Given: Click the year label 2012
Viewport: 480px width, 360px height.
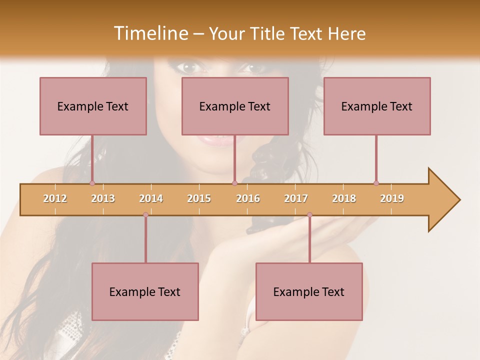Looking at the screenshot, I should [x=55, y=198].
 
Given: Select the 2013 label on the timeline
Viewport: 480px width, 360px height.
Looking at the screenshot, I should [x=103, y=198].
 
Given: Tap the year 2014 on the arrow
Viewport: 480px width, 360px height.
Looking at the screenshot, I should [x=151, y=198].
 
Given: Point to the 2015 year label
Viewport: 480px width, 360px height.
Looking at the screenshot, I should [x=199, y=198].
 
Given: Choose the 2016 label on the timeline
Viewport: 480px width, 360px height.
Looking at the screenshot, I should [x=248, y=198].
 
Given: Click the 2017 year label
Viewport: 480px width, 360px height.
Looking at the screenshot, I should [x=296, y=198].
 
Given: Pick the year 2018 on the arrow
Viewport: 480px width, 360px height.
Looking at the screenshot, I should [x=344, y=198].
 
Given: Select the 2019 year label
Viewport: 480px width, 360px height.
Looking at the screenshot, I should [x=392, y=198].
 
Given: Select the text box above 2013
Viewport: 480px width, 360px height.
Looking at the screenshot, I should [x=93, y=106].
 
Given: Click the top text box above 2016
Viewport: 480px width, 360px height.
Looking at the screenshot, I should [x=235, y=106].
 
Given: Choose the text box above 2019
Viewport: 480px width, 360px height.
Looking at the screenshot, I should [x=377, y=106].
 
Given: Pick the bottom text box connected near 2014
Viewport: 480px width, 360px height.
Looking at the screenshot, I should [x=145, y=291].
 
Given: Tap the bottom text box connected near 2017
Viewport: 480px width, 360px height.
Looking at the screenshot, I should [x=309, y=291].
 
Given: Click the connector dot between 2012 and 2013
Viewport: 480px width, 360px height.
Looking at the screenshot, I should [x=92, y=183].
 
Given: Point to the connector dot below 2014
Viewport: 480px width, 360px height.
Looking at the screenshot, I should [x=145, y=215].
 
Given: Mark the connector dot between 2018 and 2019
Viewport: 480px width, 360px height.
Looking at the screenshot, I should [x=376, y=183].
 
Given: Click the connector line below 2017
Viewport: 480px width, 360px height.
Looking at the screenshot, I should [x=309, y=240].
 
